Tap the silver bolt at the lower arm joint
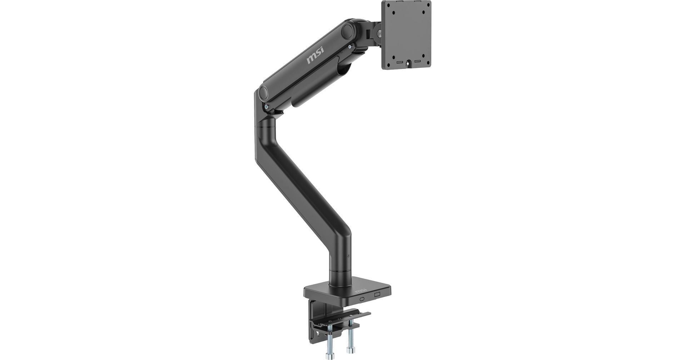click(x=267, y=106)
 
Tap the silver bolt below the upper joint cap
click(x=350, y=45)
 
